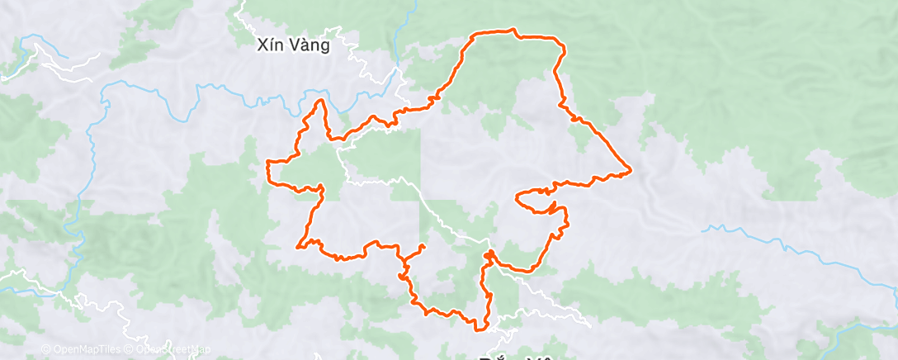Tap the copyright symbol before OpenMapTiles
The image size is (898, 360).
tap(45, 349)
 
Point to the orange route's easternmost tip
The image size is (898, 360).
tap(631, 171)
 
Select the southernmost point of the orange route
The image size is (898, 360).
tap(478, 329)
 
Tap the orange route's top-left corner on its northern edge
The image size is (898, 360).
tap(473, 35)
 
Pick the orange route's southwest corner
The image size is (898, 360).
tap(298, 244)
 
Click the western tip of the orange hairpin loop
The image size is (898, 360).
tap(517, 197)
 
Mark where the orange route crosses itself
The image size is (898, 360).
tap(490, 255)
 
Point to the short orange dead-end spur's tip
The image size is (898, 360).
tap(423, 246)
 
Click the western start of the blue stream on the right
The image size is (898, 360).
tap(704, 230)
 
